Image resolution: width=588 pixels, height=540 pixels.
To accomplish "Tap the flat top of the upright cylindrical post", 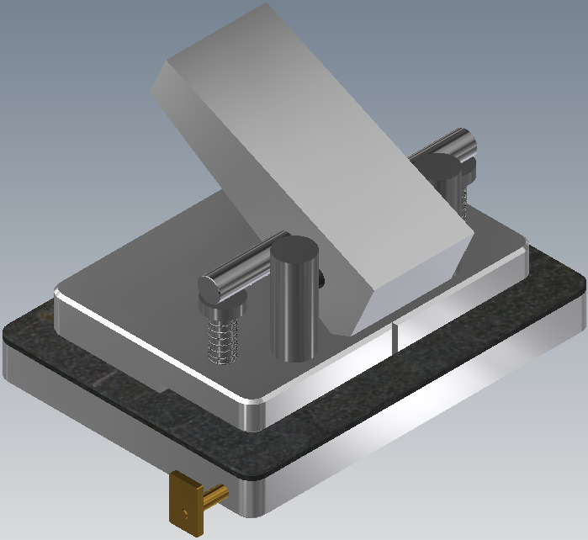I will tap(294, 251).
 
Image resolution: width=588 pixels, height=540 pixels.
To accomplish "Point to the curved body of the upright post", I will tap(293, 311).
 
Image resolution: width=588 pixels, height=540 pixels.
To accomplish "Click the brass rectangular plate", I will tap(186, 503).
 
